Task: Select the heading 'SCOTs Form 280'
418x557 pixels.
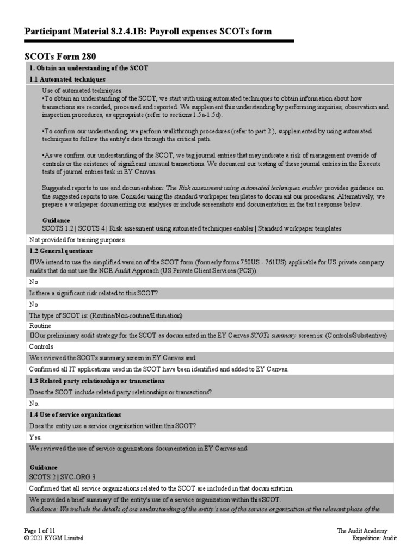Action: (x=61, y=56)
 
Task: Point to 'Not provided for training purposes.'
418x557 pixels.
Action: (x=77, y=239)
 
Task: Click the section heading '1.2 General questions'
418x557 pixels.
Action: (x=60, y=251)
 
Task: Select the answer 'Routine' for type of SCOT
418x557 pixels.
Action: (x=41, y=325)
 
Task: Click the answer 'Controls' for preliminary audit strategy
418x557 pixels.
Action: (x=41, y=346)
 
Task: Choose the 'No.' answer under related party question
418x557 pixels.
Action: (x=34, y=403)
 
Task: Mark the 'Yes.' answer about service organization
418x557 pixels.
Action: (x=35, y=437)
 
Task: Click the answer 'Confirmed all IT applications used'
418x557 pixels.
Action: (x=159, y=369)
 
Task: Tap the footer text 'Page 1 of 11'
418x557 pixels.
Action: (x=40, y=530)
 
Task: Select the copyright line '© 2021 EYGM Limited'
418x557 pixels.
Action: (x=54, y=538)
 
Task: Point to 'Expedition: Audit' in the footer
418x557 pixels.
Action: (x=374, y=538)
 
